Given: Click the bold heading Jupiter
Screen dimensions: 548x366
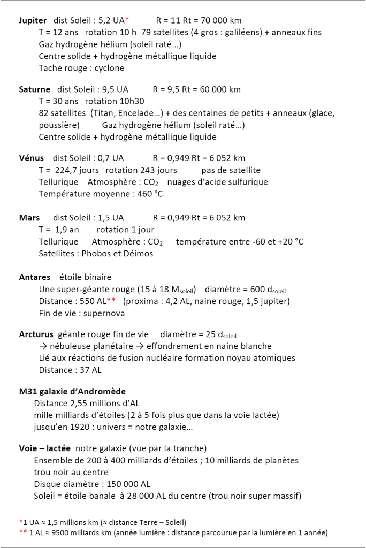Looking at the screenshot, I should [x=33, y=20].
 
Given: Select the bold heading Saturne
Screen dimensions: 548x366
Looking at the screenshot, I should [x=35, y=89].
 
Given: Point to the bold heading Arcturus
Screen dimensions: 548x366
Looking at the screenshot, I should [x=36, y=334].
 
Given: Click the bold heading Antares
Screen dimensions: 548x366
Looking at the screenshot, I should [x=35, y=277].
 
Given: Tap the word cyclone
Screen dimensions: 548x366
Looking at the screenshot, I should [x=109, y=68].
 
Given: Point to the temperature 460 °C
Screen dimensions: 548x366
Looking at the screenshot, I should [x=150, y=194].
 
